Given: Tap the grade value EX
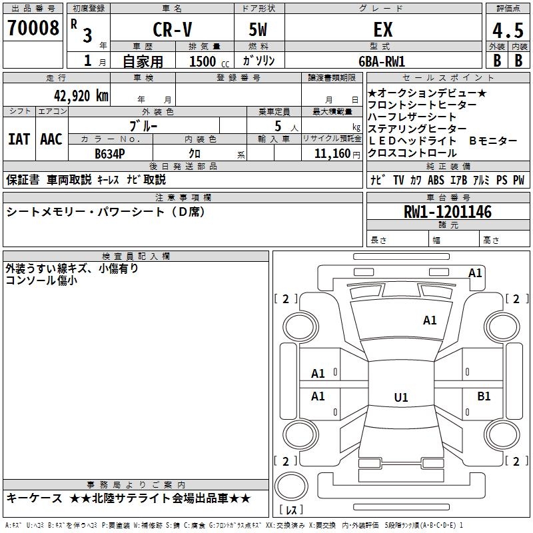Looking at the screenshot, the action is coord(382,30).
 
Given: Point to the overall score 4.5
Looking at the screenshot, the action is coord(507,31).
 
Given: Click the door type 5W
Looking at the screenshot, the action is coord(259,30).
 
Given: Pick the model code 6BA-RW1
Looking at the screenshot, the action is coord(382,61).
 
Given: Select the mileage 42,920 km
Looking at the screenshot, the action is coord(75,95).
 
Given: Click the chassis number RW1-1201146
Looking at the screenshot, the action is coord(448,213).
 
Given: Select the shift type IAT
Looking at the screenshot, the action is coord(19,139).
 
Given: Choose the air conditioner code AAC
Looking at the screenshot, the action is coord(51,139).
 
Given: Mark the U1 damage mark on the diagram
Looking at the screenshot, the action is coord(400,398).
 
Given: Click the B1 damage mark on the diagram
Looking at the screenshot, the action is coord(484,396).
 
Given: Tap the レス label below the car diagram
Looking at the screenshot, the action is coord(292,510).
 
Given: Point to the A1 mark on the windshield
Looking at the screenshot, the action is coord(430,320).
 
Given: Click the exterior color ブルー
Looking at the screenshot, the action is coord(143,125).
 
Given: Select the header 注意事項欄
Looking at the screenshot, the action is coord(183,197).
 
